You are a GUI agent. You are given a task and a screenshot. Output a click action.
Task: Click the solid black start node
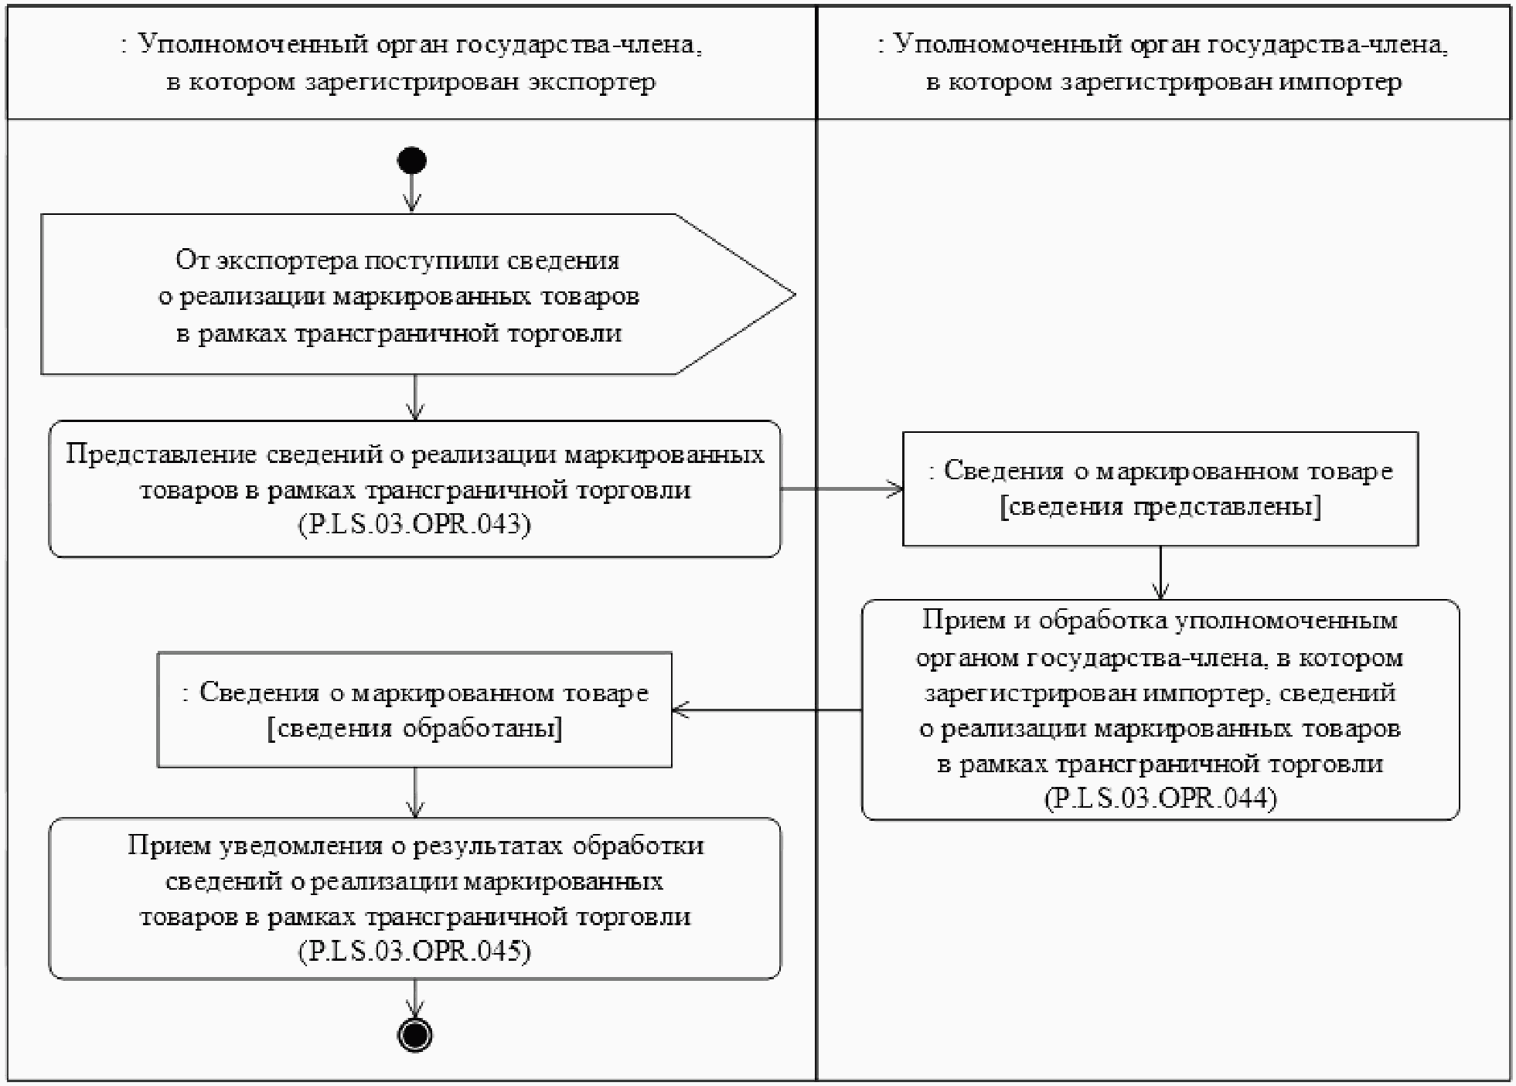click(x=412, y=161)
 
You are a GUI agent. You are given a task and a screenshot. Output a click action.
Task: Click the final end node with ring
click(x=415, y=1035)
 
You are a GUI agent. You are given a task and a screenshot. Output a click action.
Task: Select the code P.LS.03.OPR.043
click(x=414, y=525)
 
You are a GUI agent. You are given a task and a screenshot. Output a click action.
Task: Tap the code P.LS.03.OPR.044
click(x=1160, y=798)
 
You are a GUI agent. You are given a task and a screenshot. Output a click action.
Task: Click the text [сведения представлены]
click(x=1160, y=507)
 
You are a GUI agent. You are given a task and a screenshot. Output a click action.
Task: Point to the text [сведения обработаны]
click(x=414, y=729)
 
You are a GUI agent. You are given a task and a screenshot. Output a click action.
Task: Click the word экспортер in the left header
click(x=591, y=82)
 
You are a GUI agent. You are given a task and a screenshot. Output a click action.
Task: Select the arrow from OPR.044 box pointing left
click(x=765, y=710)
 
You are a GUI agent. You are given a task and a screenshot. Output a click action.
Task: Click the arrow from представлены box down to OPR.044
click(x=1160, y=573)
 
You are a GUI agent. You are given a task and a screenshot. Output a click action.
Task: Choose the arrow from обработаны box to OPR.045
click(x=415, y=793)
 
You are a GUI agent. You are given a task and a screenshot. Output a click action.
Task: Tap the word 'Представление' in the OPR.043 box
click(x=161, y=454)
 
